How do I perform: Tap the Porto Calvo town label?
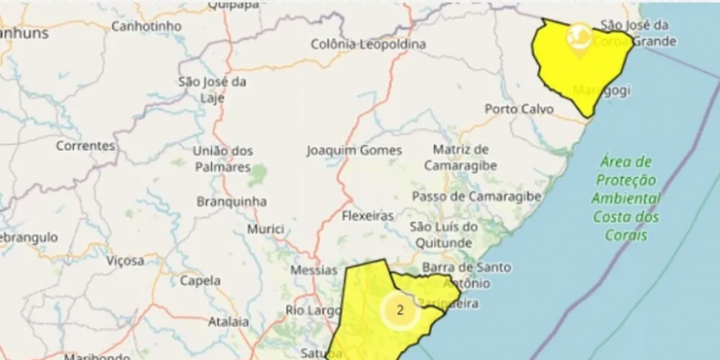(519, 109)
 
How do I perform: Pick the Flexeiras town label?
(368, 216)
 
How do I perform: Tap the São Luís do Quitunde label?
(444, 234)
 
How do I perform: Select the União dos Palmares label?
(223, 158)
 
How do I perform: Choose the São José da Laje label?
(211, 89)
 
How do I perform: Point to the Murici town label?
(265, 229)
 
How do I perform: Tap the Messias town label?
(313, 271)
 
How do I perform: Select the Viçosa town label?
(126, 260)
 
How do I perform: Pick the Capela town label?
(200, 281)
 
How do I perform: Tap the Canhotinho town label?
(148, 26)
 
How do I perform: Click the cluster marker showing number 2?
(399, 310)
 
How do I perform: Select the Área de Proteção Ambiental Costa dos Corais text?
(625, 198)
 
